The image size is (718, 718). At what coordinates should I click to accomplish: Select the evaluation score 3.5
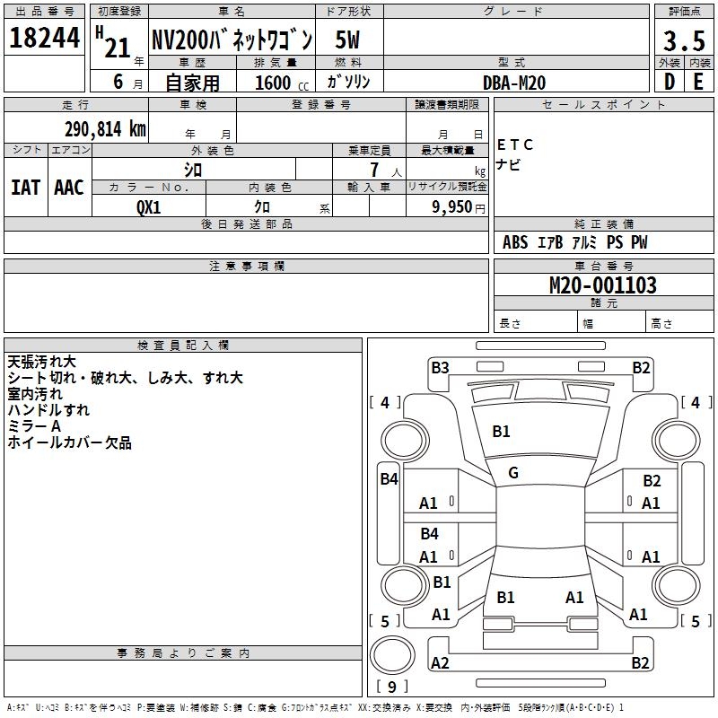click(x=684, y=40)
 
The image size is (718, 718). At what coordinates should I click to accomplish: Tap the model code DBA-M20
click(x=513, y=83)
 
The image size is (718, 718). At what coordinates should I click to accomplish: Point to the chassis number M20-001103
click(x=602, y=286)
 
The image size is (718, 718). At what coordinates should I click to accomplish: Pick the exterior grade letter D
click(x=670, y=83)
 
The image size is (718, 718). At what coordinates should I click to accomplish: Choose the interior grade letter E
click(x=698, y=83)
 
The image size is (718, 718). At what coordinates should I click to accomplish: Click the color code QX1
click(x=149, y=206)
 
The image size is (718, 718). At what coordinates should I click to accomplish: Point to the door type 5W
click(x=348, y=40)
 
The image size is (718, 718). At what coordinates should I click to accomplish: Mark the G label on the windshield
click(x=513, y=473)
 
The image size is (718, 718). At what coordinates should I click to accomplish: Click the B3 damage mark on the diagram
click(x=440, y=367)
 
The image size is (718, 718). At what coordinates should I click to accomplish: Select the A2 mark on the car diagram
click(x=440, y=663)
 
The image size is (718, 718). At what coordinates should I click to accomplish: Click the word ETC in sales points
click(x=516, y=144)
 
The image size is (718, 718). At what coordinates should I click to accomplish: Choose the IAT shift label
click(x=25, y=188)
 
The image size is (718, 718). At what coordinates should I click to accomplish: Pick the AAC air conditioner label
click(x=69, y=188)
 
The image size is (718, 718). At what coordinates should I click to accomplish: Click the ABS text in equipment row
click(x=515, y=242)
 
